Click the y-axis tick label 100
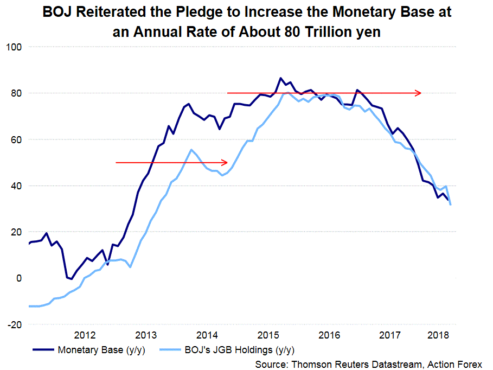pos(12,47)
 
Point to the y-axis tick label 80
pos(15,93)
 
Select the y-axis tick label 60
pos(15,139)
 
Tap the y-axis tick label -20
pos(14,324)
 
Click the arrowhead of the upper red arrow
pos(419,93)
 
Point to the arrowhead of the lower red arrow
pos(224,162)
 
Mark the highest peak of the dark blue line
pos(280,78)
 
